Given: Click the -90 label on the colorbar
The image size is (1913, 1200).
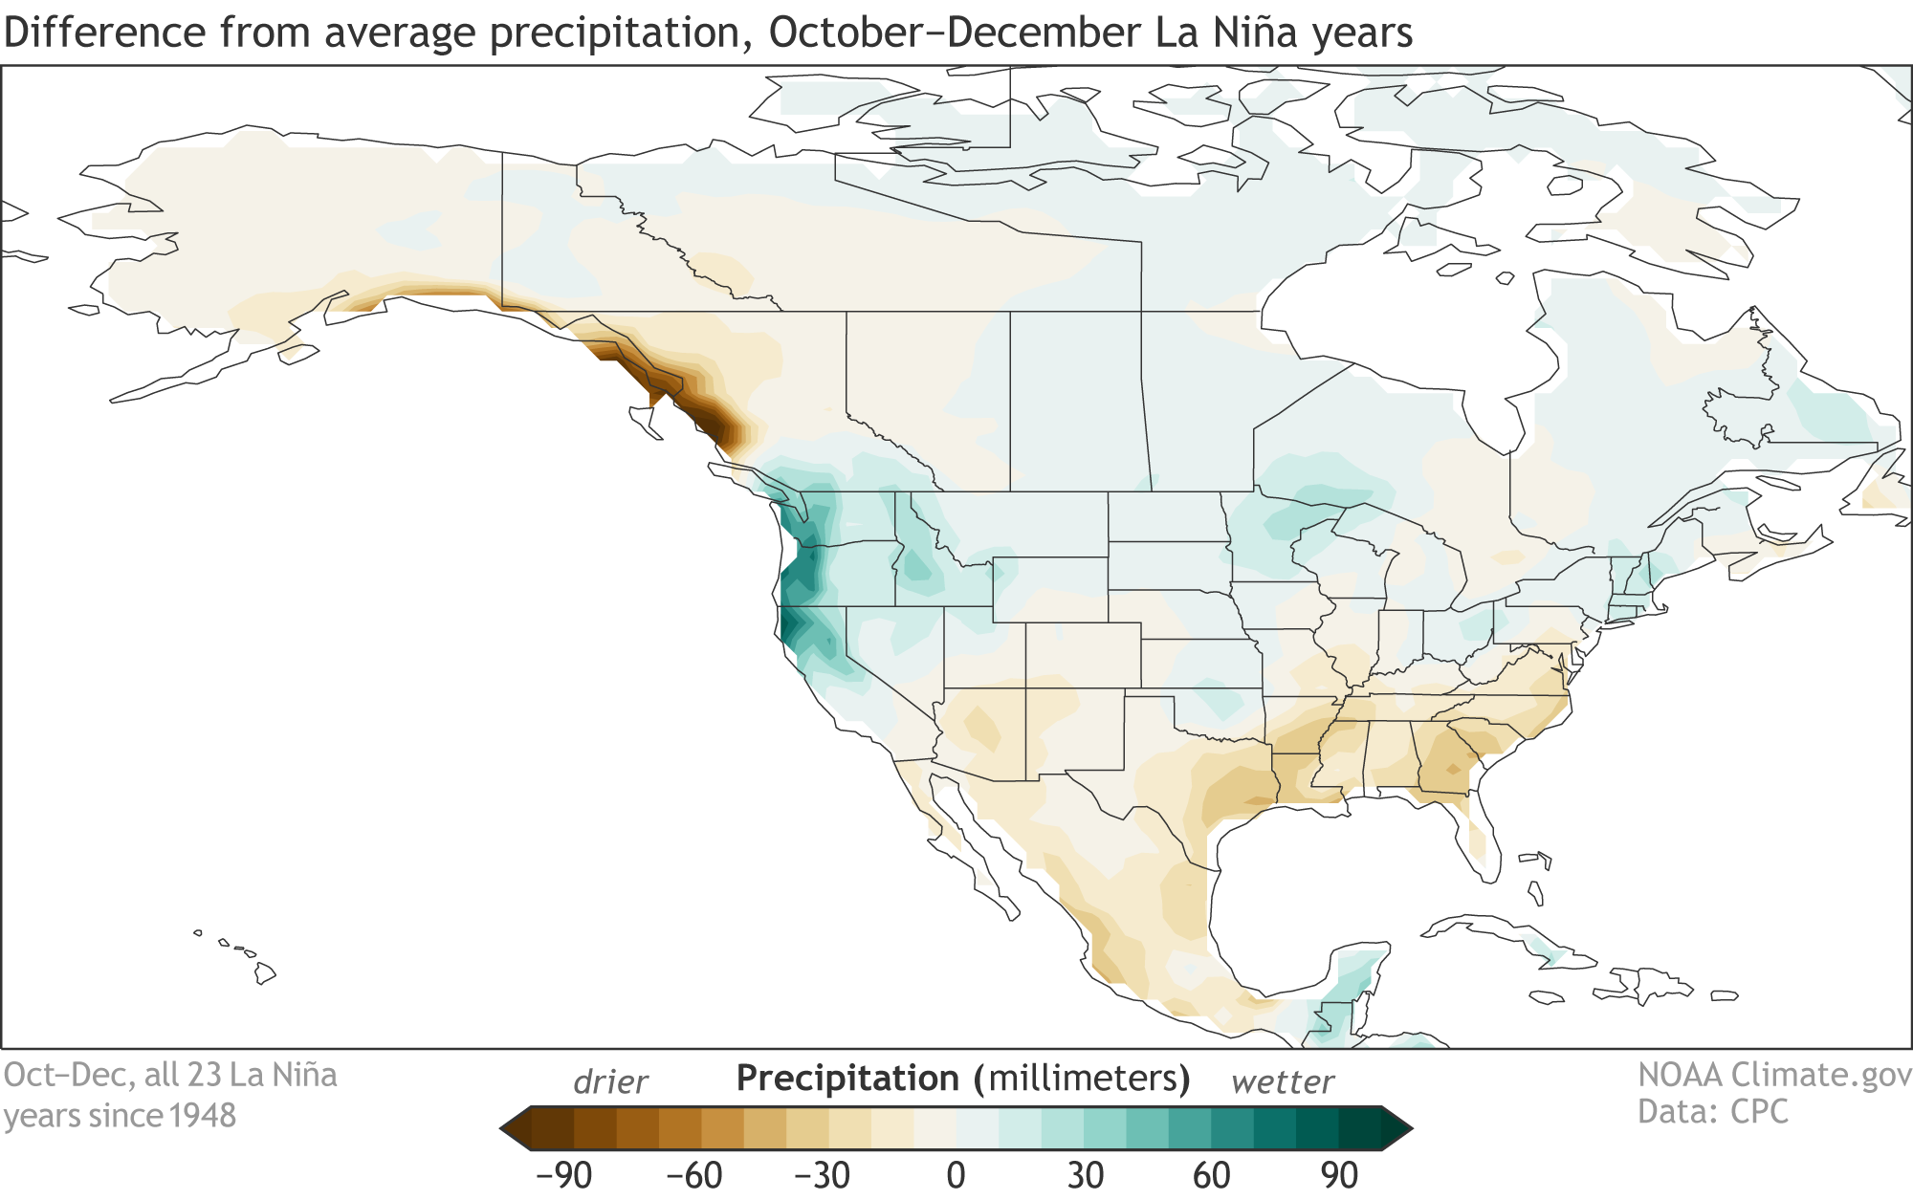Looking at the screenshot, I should click(563, 1174).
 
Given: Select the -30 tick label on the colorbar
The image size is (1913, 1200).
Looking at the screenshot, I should click(822, 1174).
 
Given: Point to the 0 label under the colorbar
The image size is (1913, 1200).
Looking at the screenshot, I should click(956, 1174).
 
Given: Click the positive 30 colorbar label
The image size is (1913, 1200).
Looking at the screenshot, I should click(1085, 1174).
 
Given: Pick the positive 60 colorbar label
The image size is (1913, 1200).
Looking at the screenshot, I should click(1211, 1174).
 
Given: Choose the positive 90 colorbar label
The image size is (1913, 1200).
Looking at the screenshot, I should click(1339, 1174).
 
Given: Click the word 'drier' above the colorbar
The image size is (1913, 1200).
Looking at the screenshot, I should click(610, 1082).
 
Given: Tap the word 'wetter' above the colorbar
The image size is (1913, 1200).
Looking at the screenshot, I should click(1282, 1082).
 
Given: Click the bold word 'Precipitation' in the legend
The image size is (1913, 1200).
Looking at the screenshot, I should click(847, 1079).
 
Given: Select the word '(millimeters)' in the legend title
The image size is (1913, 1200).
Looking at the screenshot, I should click(1082, 1079).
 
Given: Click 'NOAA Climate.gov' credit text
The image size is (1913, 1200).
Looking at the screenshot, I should click(1774, 1076).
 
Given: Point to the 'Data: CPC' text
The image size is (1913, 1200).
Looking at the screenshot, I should click(1712, 1112).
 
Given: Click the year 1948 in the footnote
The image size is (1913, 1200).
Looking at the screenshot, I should click(203, 1116).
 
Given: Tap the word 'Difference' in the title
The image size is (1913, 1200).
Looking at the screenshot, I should click(104, 33).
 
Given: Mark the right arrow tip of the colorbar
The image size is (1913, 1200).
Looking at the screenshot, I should click(1412, 1128).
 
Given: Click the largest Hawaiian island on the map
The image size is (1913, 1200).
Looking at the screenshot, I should click(265, 974).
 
